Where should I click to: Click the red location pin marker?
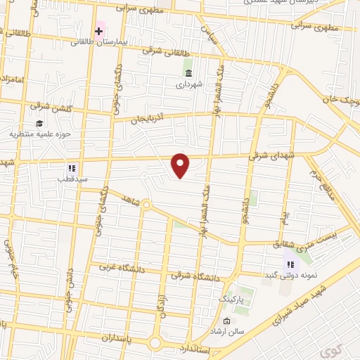click(x=181, y=165)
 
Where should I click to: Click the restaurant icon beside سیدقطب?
click(x=71, y=168)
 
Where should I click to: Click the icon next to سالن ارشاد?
click(x=205, y=321)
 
